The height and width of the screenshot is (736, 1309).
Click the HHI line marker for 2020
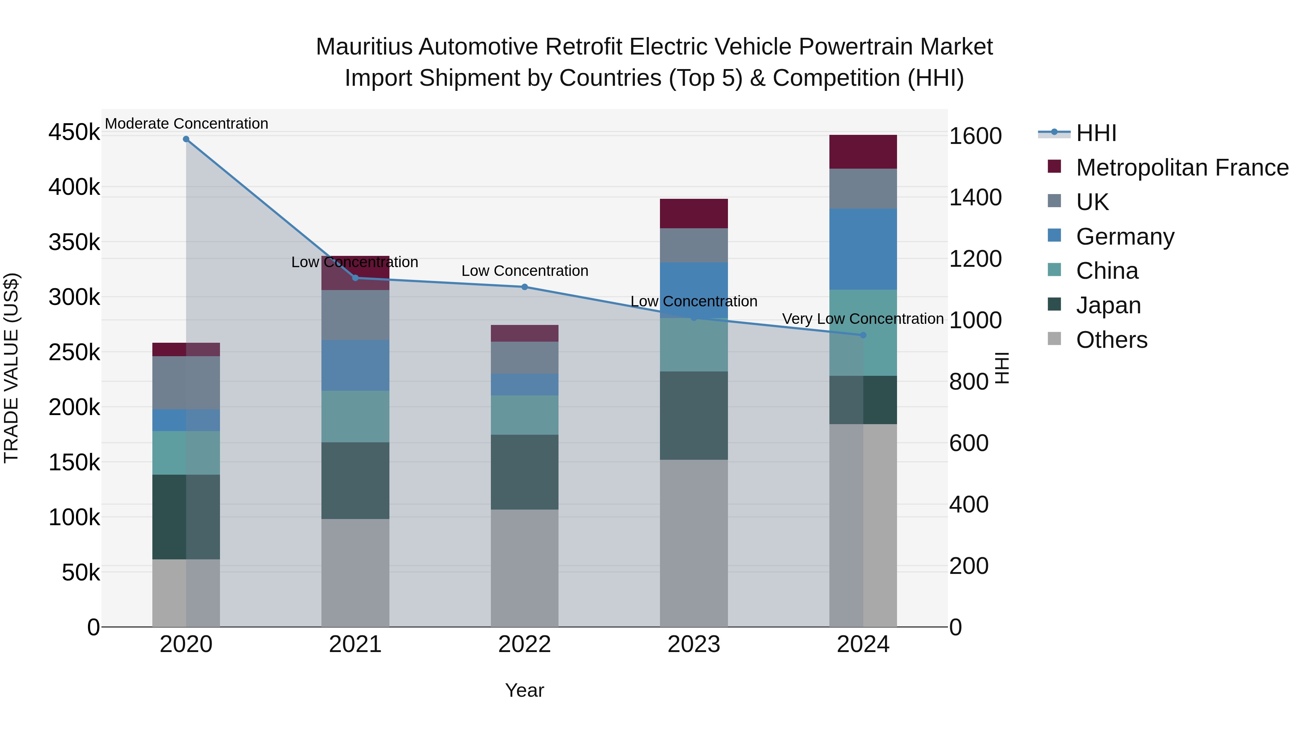(186, 139)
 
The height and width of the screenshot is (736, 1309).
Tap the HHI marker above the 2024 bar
(863, 335)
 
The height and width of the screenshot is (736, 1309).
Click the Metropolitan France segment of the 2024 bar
(863, 152)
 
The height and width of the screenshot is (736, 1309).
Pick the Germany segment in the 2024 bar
(863, 249)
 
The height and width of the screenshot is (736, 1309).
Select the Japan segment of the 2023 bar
(694, 415)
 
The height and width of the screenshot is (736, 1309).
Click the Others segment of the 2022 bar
(524, 568)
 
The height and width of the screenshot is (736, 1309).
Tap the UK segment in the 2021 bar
(355, 315)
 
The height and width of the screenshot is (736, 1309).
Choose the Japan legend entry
(1108, 305)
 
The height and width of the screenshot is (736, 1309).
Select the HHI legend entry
(1096, 133)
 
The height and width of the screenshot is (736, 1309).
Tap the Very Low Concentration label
(863, 319)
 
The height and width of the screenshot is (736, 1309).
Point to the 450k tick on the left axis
(74, 133)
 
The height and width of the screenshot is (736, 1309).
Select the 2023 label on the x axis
(694, 644)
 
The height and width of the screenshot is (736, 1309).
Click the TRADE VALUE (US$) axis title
(11, 368)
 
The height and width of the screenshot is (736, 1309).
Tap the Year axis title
(524, 690)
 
